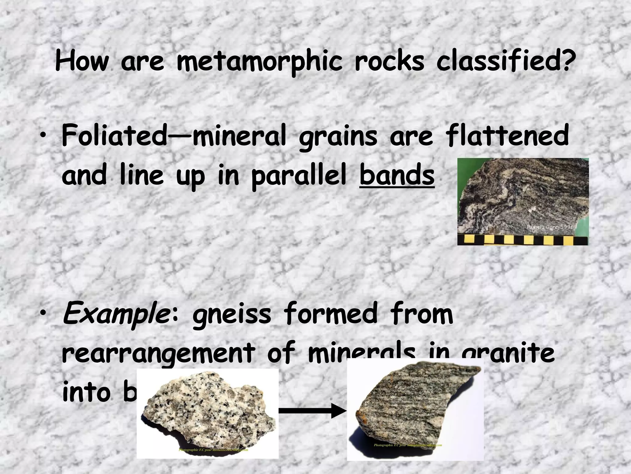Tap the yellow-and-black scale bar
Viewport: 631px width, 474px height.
click(523, 240)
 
